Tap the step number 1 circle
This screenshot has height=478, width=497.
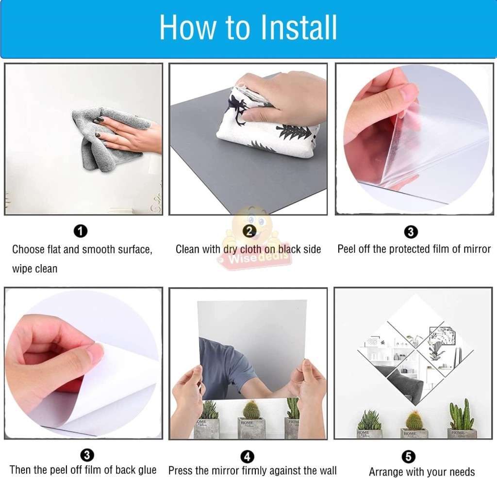pyautogui.click(x=81, y=231)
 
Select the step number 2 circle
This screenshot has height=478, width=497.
pyautogui.click(x=249, y=231)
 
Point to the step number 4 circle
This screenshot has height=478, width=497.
pyautogui.click(x=247, y=457)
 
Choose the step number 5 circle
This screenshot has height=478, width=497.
pyautogui.click(x=408, y=457)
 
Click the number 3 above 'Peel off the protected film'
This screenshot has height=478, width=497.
pyautogui.click(x=411, y=232)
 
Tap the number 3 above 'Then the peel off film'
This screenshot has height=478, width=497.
pyautogui.click(x=87, y=455)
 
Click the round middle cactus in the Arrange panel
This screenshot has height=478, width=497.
pyautogui.click(x=414, y=420)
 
